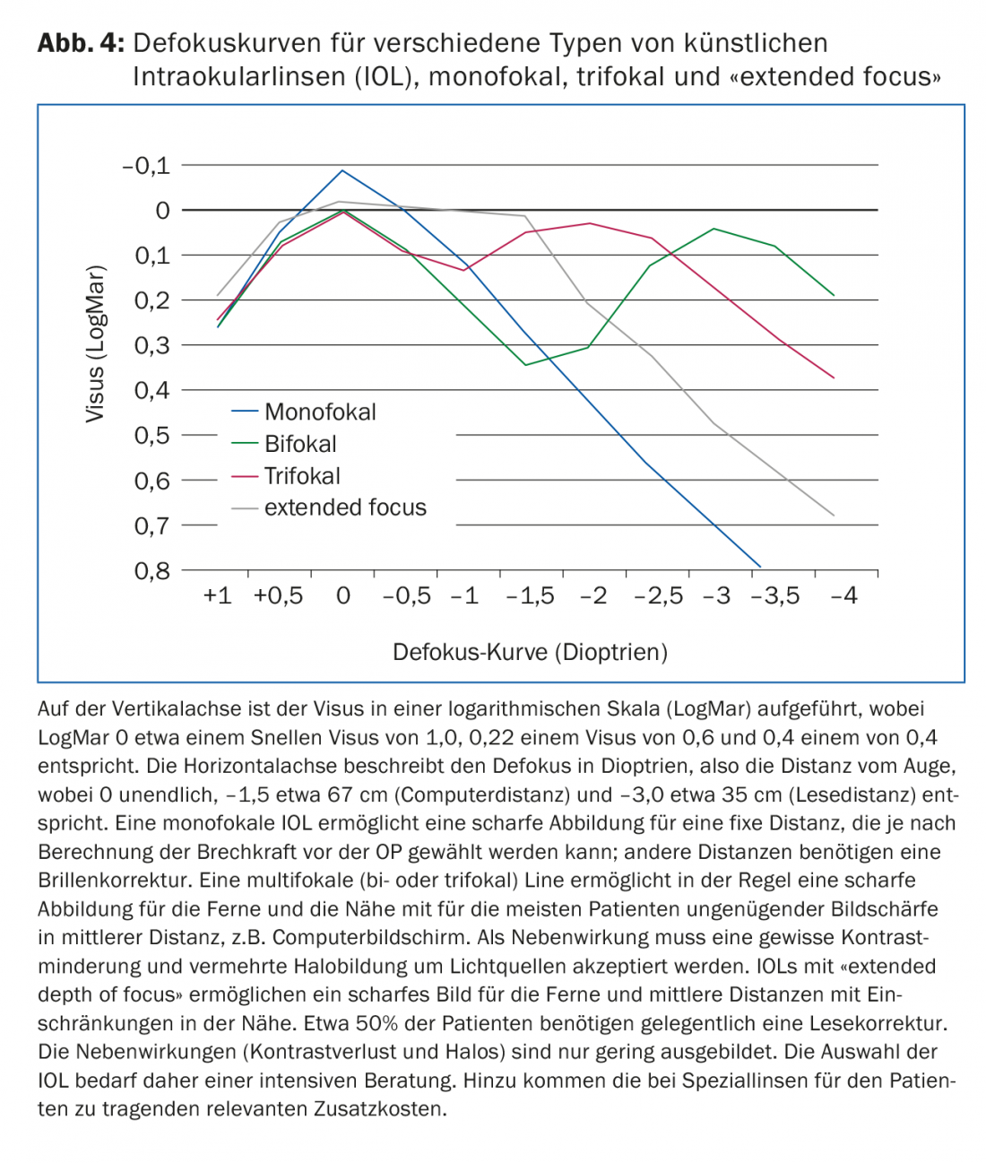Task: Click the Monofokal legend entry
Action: point(319,412)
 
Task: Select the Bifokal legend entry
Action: point(300,444)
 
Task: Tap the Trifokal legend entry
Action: point(302,476)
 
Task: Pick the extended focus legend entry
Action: point(345,508)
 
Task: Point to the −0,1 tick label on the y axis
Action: point(146,166)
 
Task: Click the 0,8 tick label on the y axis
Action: point(151,570)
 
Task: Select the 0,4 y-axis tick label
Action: point(151,390)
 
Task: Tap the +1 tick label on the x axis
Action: point(217,596)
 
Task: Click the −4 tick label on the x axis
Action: point(843,596)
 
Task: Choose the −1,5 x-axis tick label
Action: point(530,596)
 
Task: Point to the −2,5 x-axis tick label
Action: point(659,596)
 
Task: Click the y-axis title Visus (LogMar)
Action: point(95,343)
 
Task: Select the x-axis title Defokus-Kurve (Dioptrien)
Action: point(531,652)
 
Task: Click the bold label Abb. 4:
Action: point(81,43)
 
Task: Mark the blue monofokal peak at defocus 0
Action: point(342,170)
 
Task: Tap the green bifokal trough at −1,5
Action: point(526,365)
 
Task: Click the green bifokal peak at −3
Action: point(714,229)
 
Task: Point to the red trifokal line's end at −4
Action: point(834,378)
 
